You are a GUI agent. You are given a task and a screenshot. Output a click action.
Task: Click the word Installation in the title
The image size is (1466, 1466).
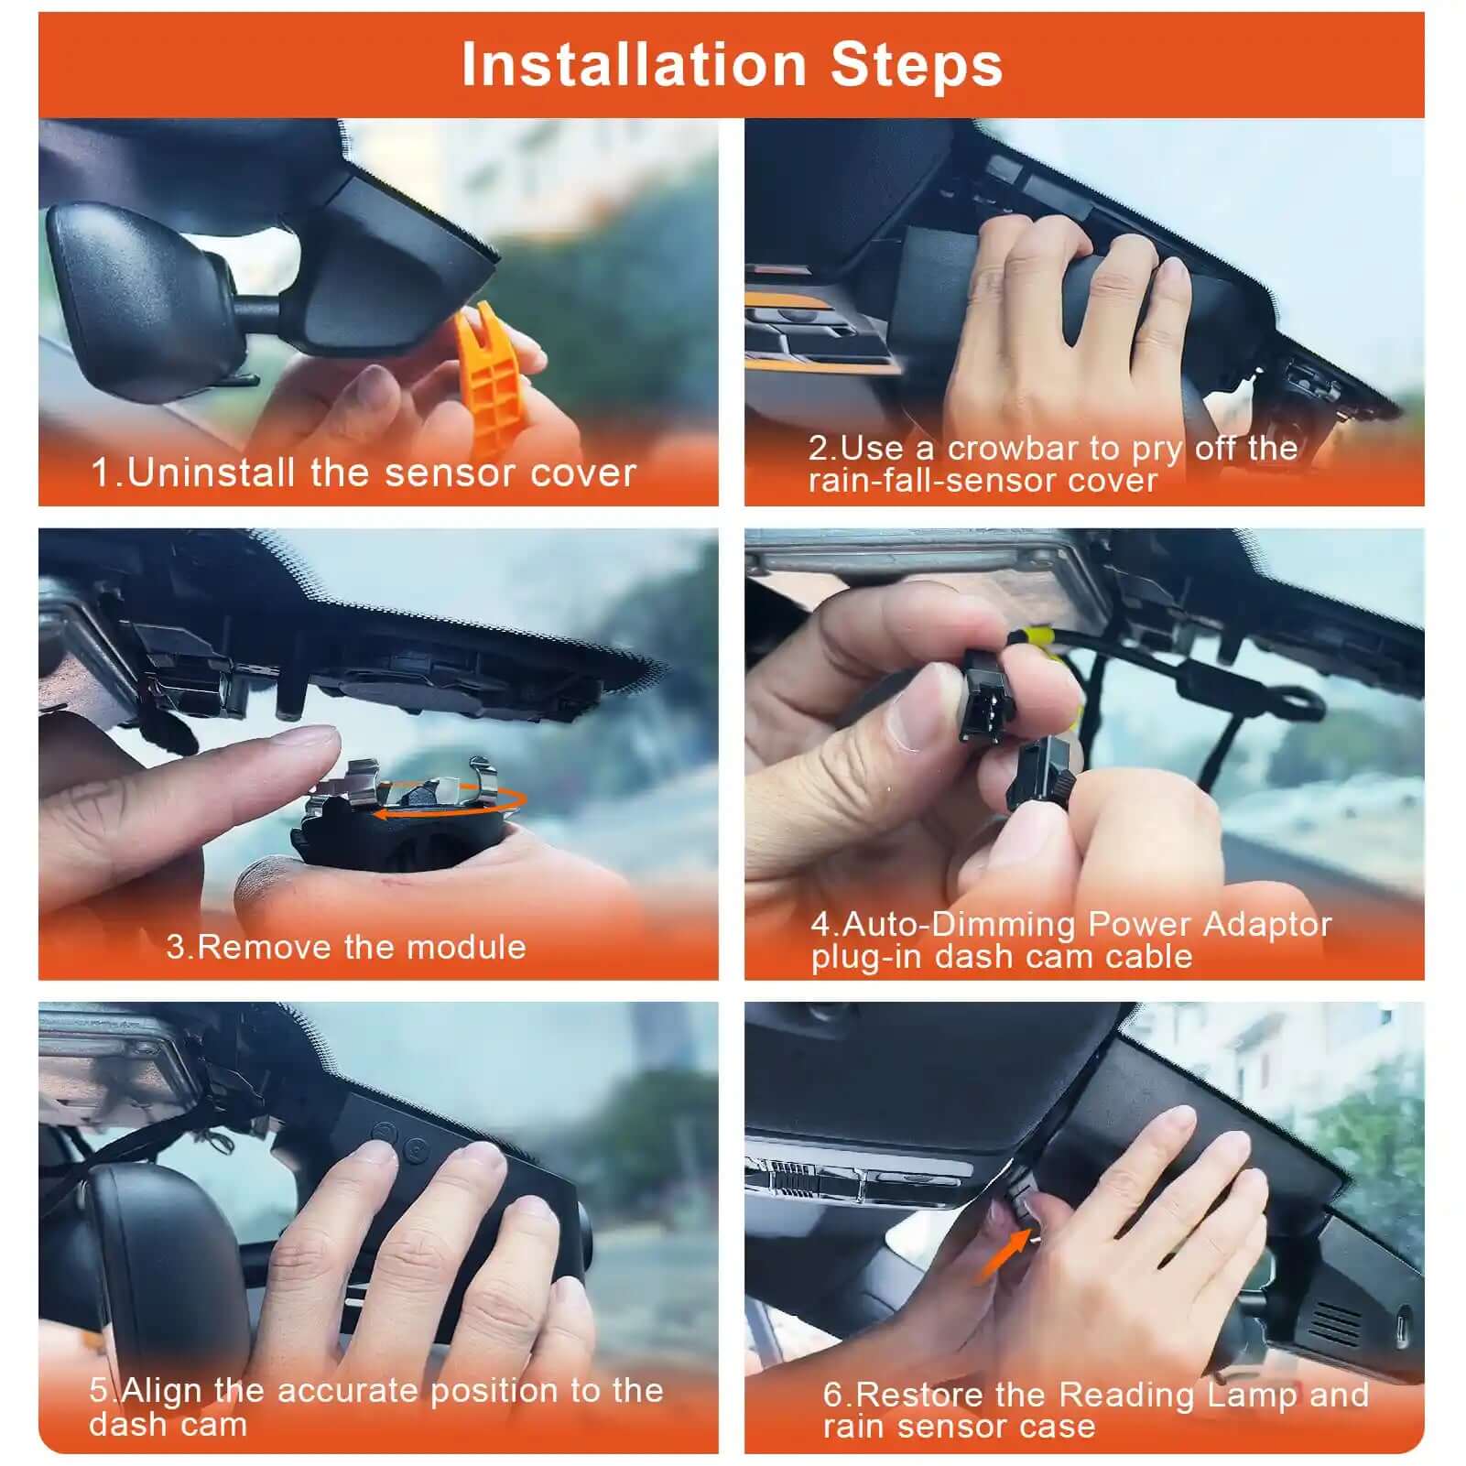click(x=633, y=65)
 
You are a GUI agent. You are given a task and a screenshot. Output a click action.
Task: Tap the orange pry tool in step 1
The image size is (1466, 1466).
click(x=489, y=375)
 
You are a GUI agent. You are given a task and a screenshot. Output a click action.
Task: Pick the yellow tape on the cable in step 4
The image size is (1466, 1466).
click(x=1037, y=637)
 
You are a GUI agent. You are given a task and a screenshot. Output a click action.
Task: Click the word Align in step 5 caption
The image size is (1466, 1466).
click(x=161, y=1390)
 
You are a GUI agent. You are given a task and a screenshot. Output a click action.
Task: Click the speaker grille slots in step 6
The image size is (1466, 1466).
click(x=1336, y=1324)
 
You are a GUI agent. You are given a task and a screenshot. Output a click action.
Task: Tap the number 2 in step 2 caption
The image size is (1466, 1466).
click(x=818, y=449)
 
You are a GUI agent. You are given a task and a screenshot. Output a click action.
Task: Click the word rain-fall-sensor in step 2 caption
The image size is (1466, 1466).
click(x=924, y=481)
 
